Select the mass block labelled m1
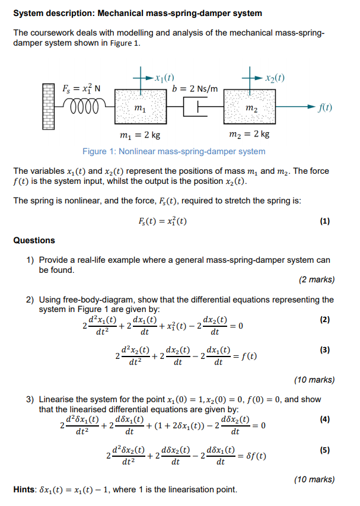[140, 107]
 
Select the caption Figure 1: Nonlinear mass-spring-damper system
[174, 151]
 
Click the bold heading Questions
[34, 240]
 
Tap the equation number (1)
[324, 221]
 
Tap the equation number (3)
[324, 349]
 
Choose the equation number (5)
[324, 450]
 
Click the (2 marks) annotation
[317, 279]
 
